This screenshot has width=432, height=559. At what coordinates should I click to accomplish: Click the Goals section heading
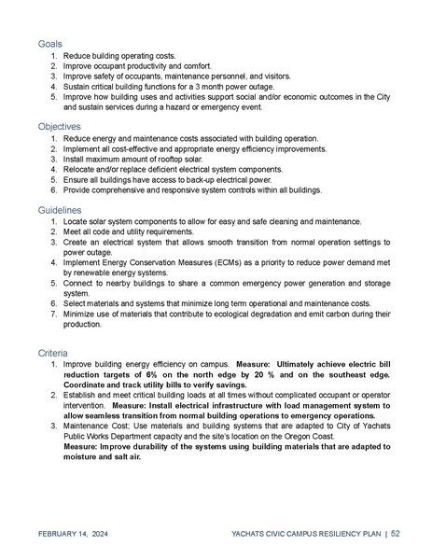coord(50,44)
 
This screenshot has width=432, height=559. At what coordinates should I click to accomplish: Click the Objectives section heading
coord(59,125)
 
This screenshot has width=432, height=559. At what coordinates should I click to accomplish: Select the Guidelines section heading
coord(59,211)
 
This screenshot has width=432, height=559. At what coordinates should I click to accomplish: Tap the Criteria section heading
coord(53,354)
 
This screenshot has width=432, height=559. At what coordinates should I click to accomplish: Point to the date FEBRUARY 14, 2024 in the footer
coord(76,533)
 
